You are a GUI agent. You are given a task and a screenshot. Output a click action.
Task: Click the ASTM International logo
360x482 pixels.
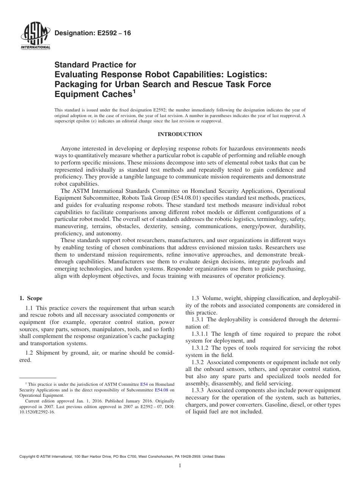[x=35, y=36]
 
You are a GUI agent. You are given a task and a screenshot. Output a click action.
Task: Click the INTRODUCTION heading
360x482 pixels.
[x=180, y=135]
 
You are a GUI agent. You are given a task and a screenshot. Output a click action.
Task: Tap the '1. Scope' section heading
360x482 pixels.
[x=31, y=299]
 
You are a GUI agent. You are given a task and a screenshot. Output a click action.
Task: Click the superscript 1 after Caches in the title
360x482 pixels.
[x=134, y=91]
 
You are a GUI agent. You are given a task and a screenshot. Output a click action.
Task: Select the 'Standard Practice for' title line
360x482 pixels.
[x=95, y=65]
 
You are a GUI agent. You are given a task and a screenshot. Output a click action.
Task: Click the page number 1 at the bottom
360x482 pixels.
[x=180, y=466]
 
